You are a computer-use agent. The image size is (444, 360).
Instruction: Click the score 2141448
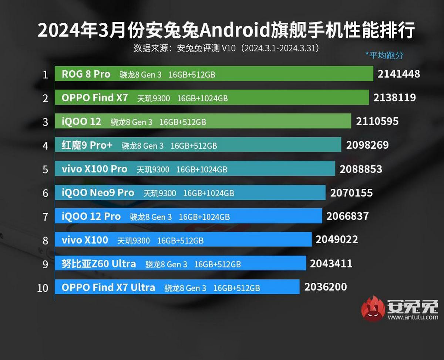[398, 74]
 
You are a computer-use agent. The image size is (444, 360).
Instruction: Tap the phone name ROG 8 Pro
[86, 74]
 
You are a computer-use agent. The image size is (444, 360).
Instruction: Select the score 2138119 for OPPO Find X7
[394, 98]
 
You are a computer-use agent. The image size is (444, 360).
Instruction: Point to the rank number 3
[46, 122]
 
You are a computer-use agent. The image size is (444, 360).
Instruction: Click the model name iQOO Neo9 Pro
[98, 193]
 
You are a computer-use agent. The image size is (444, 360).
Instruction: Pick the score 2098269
[367, 145]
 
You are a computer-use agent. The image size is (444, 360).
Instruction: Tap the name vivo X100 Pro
[94, 169]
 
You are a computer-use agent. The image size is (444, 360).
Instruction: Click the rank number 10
[43, 288]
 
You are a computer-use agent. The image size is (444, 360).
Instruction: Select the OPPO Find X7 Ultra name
[108, 287]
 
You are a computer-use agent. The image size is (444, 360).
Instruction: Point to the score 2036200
[326, 287]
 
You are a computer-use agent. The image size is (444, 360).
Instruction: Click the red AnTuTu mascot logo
[373, 308]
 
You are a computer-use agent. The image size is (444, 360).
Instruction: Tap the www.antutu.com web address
[413, 317]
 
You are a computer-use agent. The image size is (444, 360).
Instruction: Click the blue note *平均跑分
[384, 55]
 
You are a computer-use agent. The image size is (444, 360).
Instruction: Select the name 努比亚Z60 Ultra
[98, 264]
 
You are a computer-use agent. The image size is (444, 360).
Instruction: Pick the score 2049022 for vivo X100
[337, 240]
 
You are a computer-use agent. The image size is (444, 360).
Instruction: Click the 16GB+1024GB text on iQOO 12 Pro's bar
[204, 217]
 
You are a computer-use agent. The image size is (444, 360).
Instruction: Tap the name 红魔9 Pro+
[87, 145]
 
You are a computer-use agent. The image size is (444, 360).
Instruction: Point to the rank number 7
[46, 217]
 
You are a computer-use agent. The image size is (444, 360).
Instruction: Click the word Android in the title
[233, 31]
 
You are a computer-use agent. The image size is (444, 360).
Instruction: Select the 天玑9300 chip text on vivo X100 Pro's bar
[153, 169]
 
